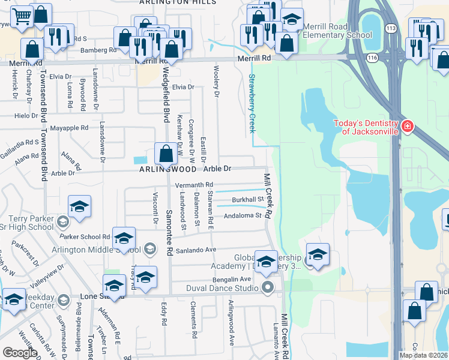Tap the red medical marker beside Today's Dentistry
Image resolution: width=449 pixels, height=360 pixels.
coord(408,126)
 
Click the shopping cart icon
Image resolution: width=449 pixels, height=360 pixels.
coord(21,18)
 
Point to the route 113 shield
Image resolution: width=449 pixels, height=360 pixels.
coord(391,28)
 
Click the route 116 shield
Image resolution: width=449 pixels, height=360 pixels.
coord(372,58)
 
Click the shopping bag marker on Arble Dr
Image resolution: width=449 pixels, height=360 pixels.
coord(166,154)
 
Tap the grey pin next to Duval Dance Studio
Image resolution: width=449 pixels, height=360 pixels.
coord(268,289)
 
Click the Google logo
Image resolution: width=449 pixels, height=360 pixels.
coord(20,352)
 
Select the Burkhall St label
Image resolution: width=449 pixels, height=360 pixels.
coord(249,199)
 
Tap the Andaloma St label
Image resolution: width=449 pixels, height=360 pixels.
coord(243,215)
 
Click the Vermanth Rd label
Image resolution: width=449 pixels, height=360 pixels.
coord(194,184)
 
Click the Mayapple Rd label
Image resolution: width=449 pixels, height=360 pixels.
coord(69,128)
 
